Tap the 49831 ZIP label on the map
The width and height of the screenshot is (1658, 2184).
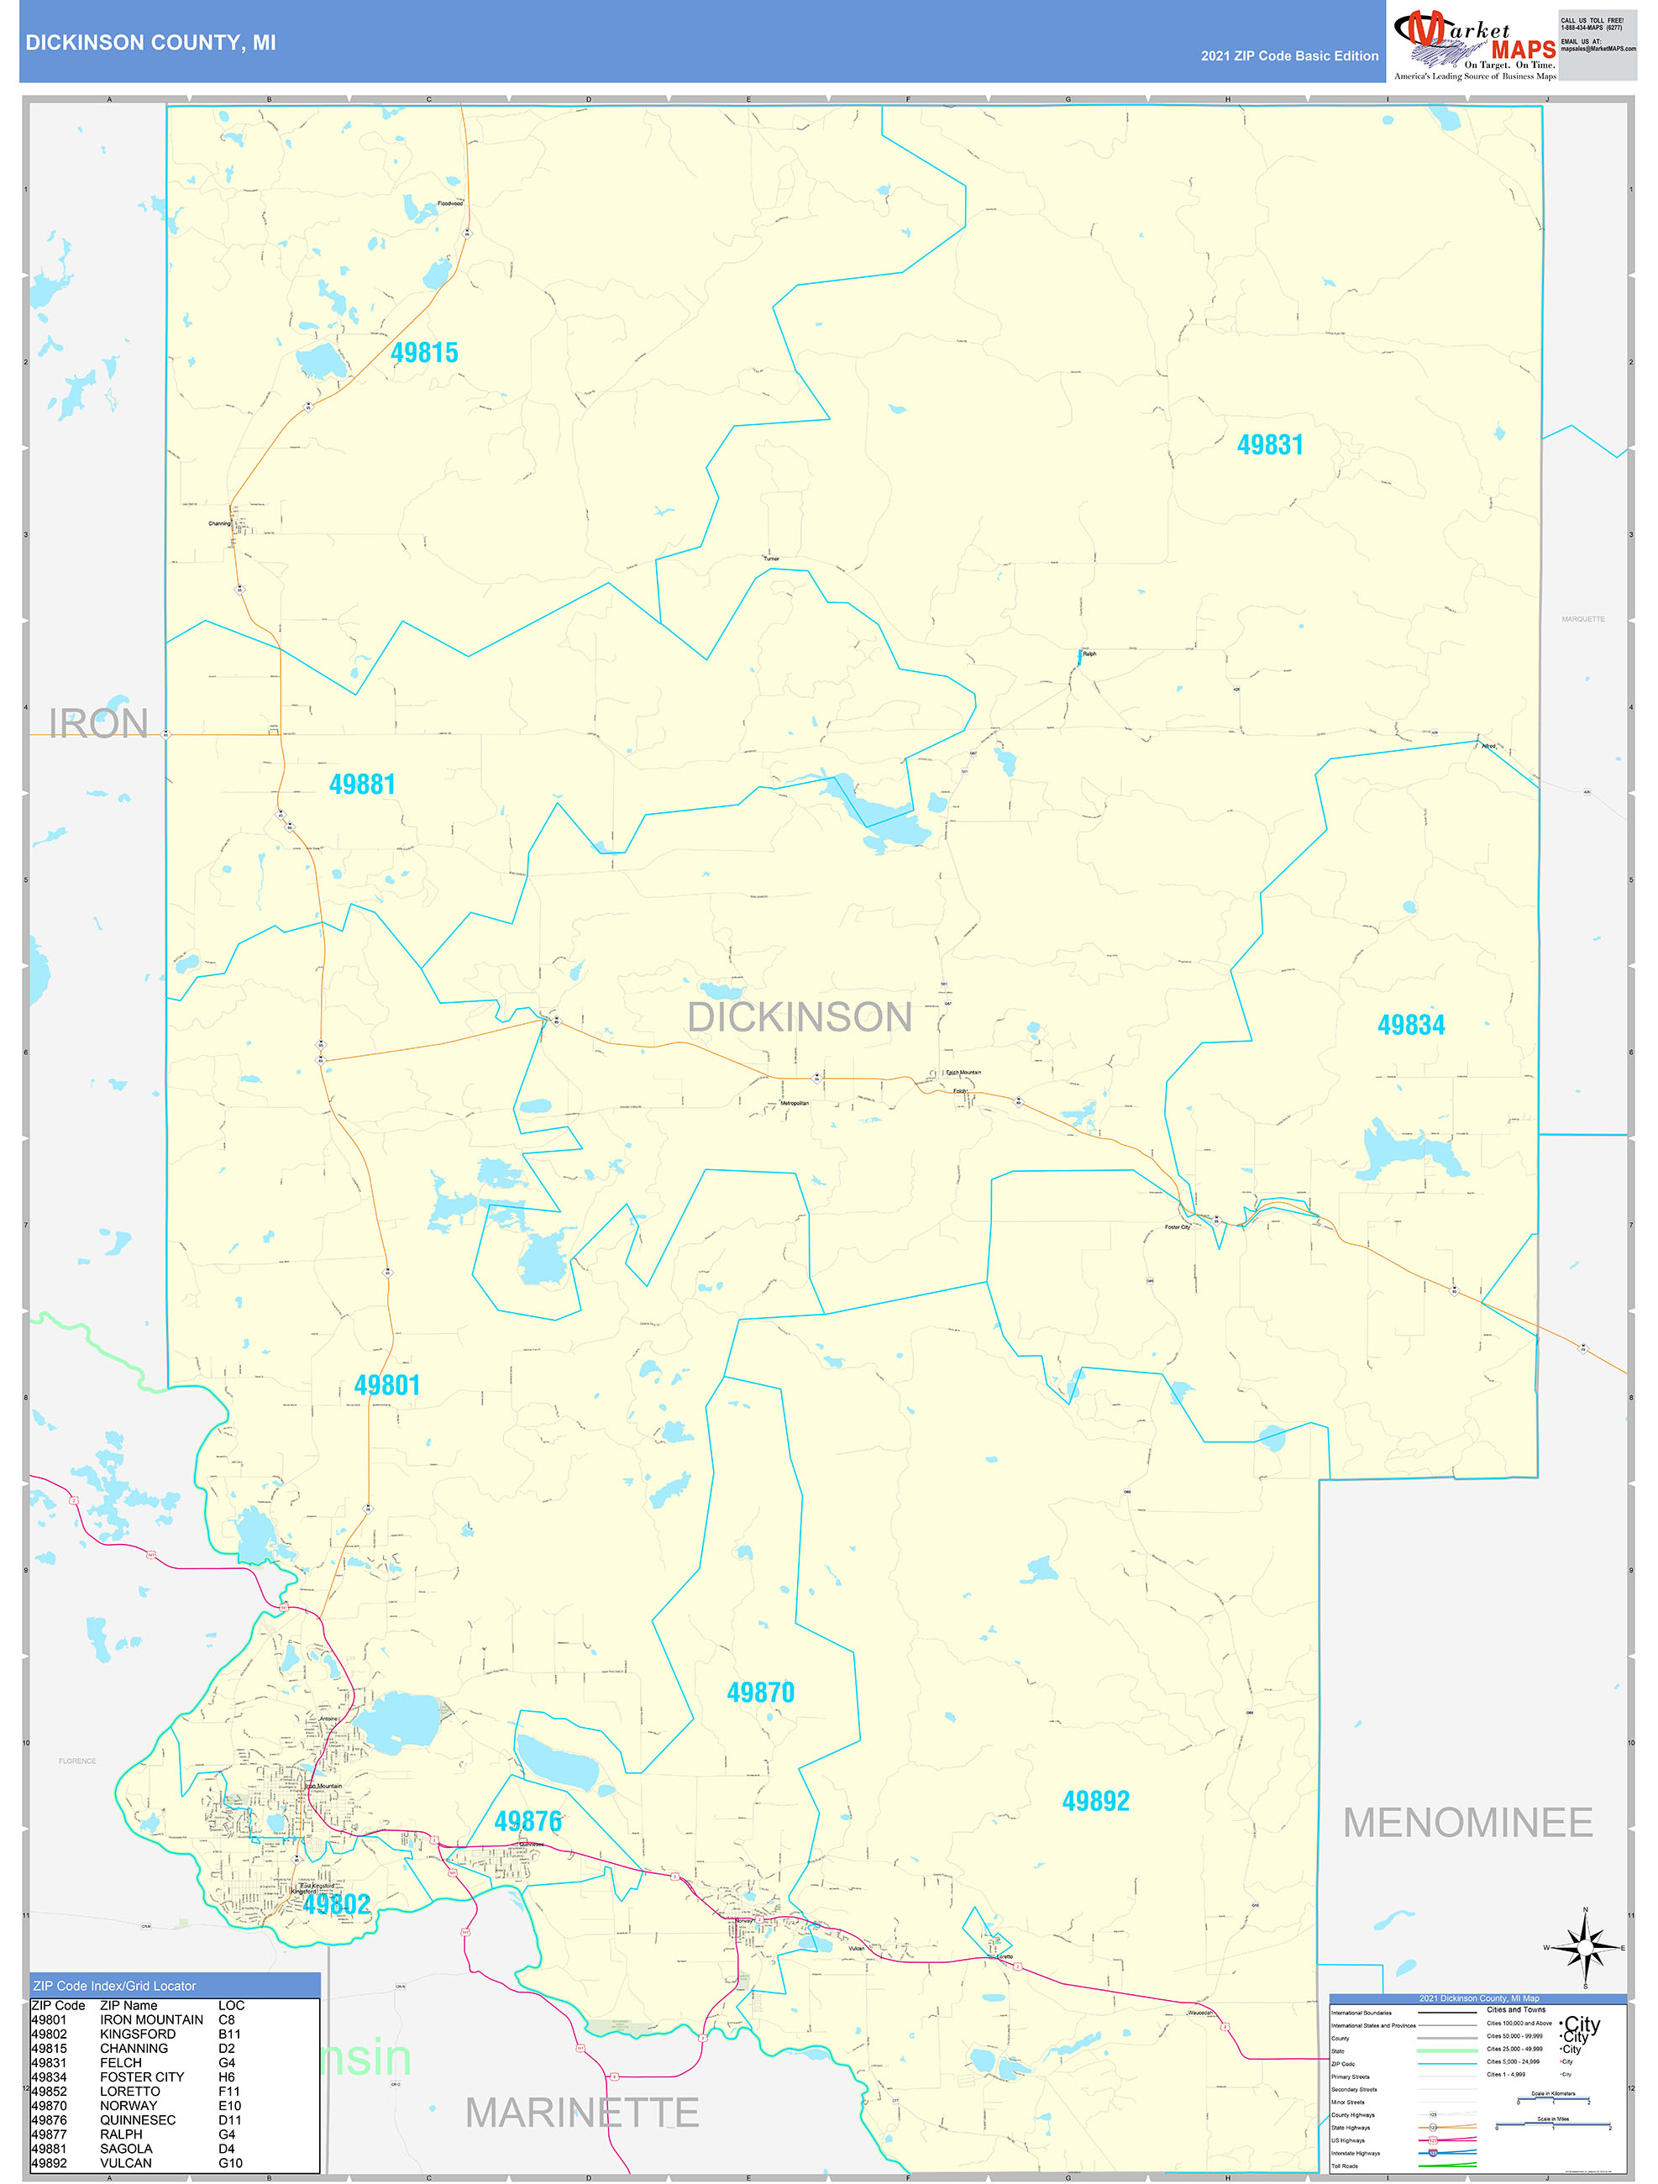click(x=1270, y=444)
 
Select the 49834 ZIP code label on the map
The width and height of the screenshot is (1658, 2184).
click(x=1410, y=1025)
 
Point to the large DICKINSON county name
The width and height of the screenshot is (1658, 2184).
click(x=799, y=1017)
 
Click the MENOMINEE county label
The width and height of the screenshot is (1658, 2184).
click(x=1467, y=1823)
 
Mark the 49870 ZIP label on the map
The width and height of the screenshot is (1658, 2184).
click(x=760, y=1693)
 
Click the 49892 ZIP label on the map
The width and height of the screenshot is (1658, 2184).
click(x=1095, y=1801)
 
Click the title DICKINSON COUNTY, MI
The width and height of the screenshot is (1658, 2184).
click(x=150, y=43)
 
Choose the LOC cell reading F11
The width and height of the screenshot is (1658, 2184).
click(x=229, y=2092)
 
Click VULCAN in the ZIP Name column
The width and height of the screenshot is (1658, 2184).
click(x=125, y=2162)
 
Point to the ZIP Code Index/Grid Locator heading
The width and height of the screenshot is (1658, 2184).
click(x=114, y=1986)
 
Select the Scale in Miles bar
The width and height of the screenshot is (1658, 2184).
click(x=1553, y=2126)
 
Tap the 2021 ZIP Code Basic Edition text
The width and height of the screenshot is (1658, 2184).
click(x=1288, y=56)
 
